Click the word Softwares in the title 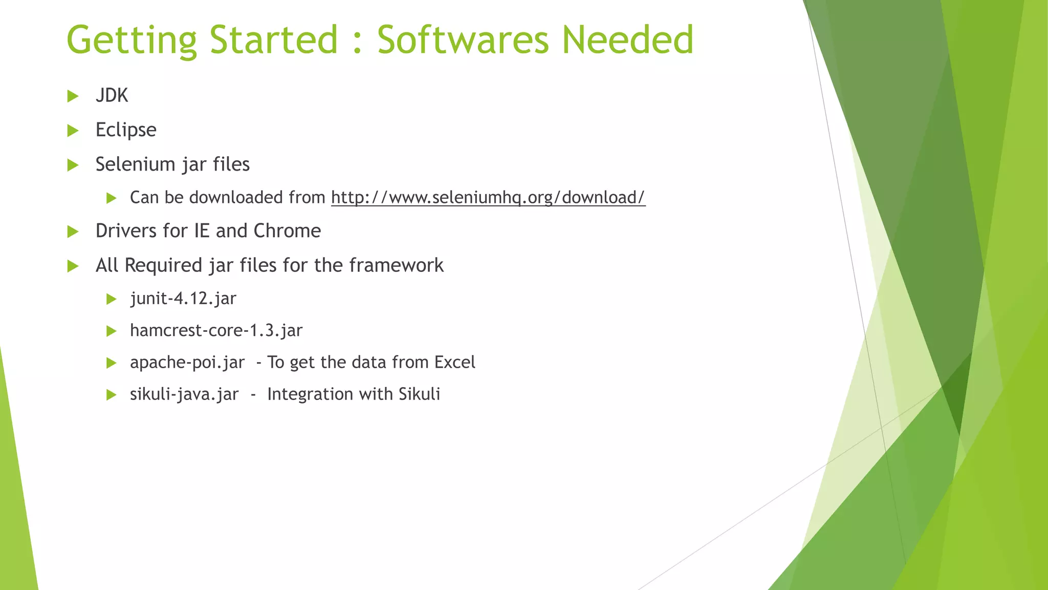[x=464, y=40]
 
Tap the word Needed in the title [x=628, y=40]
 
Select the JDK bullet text [x=112, y=96]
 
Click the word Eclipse [x=126, y=130]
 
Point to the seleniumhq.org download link [x=488, y=198]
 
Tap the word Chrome [x=287, y=231]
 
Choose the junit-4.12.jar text [x=183, y=299]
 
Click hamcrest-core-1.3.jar [x=216, y=330]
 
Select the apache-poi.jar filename [x=187, y=363]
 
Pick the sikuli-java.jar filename [x=184, y=394]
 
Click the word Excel [x=454, y=363]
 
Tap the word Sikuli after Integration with [x=419, y=394]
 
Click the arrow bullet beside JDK [x=73, y=96]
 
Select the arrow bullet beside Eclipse [x=73, y=131]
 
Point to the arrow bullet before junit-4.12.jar [x=112, y=299]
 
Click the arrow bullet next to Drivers [x=73, y=231]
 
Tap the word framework [x=396, y=265]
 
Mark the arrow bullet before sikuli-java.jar [x=112, y=395]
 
